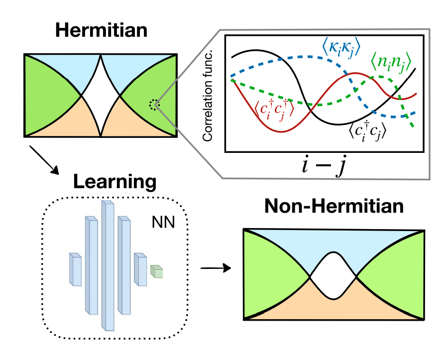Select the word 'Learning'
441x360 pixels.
click(x=114, y=182)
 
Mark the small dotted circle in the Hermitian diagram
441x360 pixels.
click(x=154, y=104)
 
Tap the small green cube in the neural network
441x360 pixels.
click(x=157, y=271)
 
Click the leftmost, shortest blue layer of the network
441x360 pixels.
click(x=75, y=269)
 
